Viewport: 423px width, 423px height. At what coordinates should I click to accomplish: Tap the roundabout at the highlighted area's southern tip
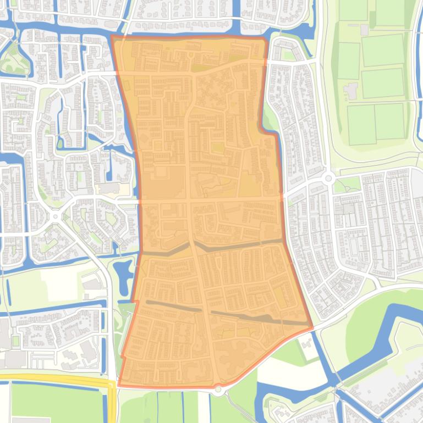click(218, 389)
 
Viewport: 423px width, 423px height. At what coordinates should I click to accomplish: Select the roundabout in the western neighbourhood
click(56, 216)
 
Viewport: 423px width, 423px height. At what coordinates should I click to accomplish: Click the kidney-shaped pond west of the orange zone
click(123, 270)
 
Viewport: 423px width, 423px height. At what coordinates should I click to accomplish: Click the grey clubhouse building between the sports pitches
click(350, 90)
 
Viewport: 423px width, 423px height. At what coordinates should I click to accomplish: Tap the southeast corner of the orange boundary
click(312, 328)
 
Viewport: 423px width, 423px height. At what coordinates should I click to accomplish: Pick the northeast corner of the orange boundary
click(266, 39)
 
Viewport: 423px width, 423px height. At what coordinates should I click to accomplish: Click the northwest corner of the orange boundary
click(112, 37)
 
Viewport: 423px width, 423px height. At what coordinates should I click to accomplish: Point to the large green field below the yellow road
click(55, 404)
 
